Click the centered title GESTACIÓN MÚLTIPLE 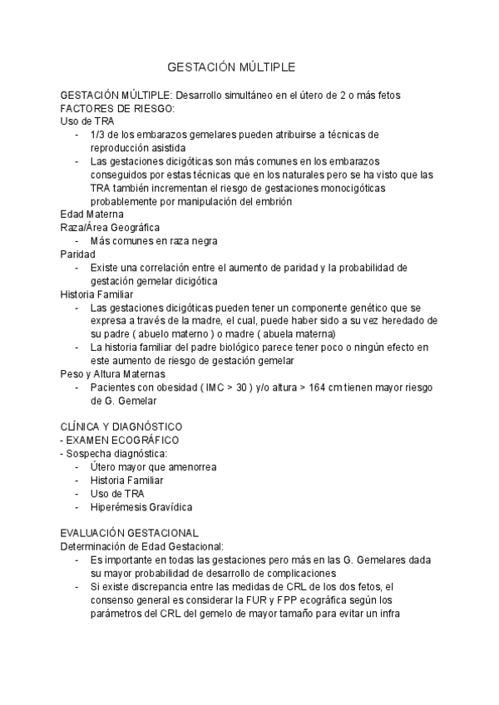(231, 67)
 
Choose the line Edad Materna (91, 214)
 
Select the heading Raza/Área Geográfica (110, 228)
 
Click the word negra (203, 241)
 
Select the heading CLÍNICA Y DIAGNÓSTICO (121, 426)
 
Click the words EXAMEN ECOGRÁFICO (122, 440)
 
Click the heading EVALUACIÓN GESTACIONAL (129, 533)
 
